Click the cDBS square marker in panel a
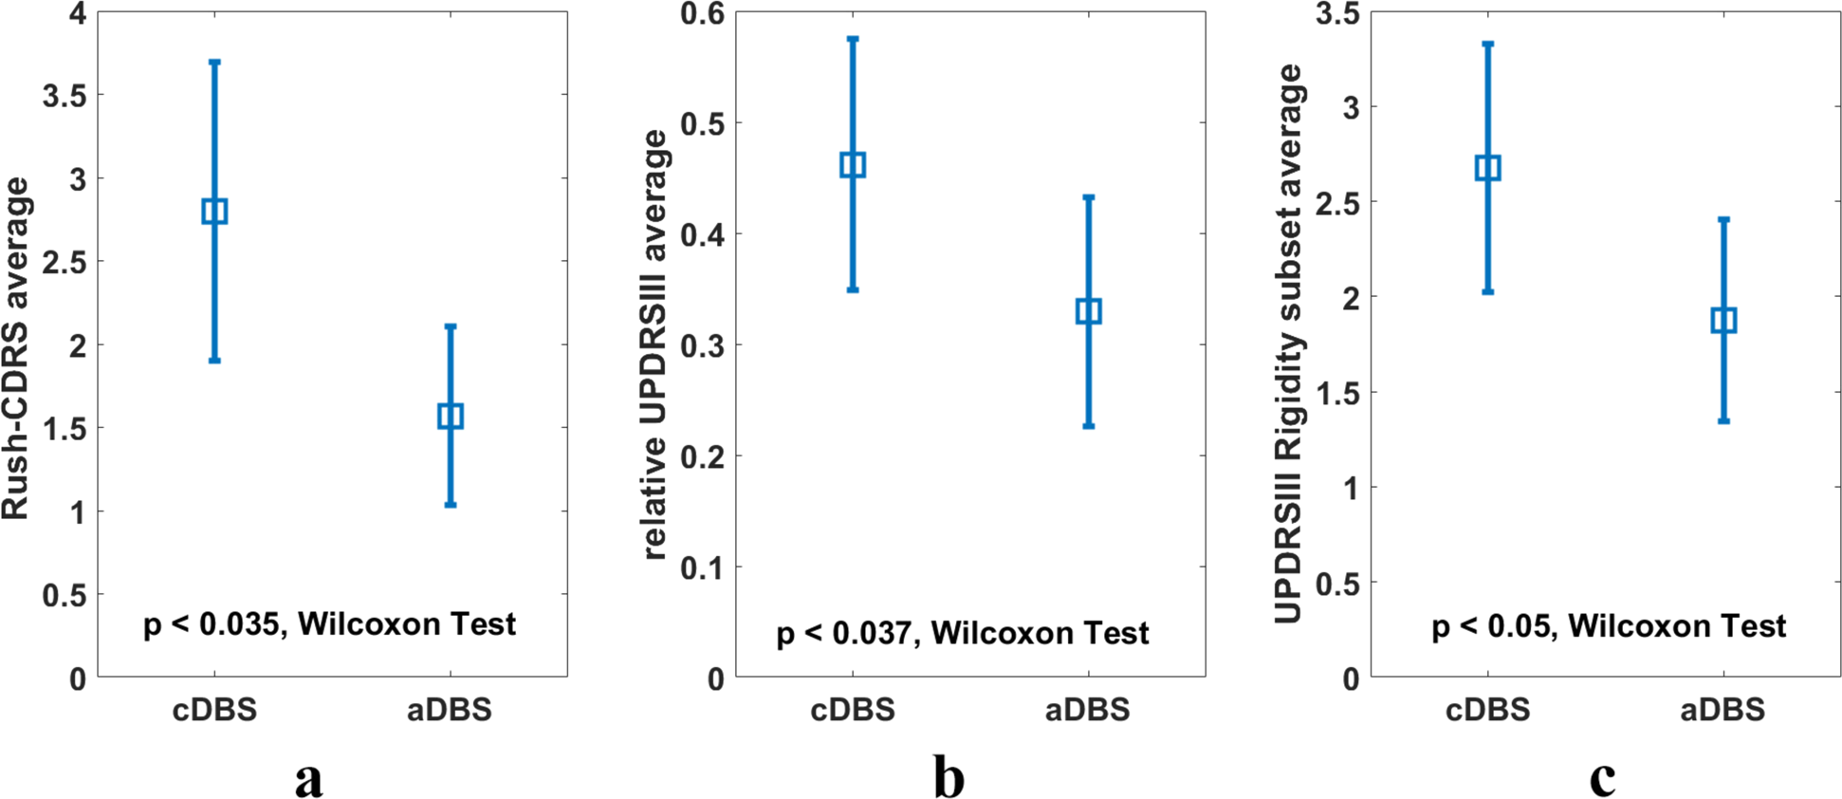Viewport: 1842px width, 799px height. (214, 211)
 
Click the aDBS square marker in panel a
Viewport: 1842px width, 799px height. (451, 416)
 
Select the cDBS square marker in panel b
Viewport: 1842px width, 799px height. (853, 165)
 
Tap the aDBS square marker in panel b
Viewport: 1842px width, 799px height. (1089, 311)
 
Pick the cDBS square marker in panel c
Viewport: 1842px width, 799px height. (1488, 168)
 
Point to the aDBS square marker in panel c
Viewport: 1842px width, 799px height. (1723, 320)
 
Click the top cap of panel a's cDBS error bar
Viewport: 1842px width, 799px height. (214, 62)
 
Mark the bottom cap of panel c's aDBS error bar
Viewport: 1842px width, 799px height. (1723, 420)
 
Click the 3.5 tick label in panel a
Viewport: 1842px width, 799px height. (64, 96)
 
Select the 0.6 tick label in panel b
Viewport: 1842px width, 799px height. (702, 13)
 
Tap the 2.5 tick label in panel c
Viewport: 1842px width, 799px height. (1337, 203)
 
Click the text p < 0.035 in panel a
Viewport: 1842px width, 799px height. (211, 624)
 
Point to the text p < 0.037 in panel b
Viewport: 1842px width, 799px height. (843, 634)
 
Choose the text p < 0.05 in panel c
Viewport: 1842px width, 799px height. (1489, 626)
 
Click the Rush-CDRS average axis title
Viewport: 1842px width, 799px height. (16, 347)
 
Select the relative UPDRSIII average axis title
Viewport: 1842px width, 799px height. (655, 344)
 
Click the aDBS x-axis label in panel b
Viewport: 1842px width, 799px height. (1088, 710)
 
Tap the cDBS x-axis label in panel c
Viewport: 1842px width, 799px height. (1487, 710)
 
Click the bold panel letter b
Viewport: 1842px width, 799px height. (949, 777)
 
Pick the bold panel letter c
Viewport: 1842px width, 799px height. (1602, 779)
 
